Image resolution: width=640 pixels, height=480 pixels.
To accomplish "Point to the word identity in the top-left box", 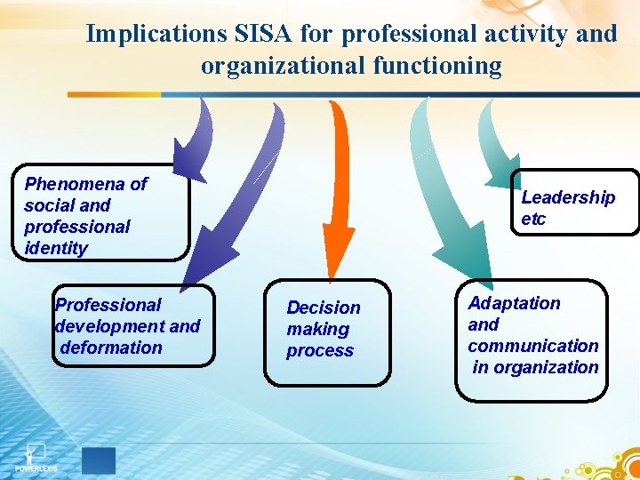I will coord(56,248).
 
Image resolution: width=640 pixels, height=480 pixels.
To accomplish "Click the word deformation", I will coord(111,348).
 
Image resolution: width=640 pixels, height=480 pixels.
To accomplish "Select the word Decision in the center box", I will coord(324,308).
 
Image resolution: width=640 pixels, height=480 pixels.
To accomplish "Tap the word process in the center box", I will coord(320,350).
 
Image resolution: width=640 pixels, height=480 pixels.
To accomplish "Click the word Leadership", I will coord(568,197).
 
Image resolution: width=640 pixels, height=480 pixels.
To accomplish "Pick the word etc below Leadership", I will coord(533,219).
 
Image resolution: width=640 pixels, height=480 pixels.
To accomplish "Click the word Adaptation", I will coord(514,303).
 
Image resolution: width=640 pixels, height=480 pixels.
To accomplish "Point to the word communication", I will coord(533,346).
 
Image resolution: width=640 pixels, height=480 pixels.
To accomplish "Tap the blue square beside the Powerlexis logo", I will coord(98,460).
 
